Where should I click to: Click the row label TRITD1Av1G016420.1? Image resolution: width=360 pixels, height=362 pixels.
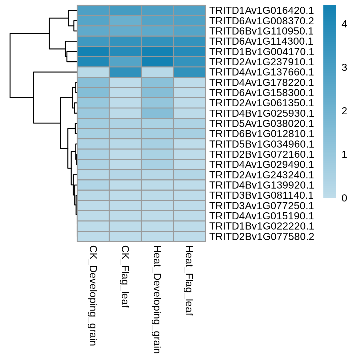[262, 10]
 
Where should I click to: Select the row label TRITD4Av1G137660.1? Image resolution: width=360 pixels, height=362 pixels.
[262, 72]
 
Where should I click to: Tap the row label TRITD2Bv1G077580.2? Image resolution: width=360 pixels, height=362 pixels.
[262, 237]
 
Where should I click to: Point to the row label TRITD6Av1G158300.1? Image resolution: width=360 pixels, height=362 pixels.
[262, 93]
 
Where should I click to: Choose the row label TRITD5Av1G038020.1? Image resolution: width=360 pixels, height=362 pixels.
[262, 124]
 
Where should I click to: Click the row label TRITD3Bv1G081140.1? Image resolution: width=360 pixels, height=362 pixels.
[262, 195]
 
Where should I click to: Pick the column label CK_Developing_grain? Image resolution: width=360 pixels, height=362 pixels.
[93, 295]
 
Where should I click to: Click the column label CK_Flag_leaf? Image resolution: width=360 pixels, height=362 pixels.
[125, 277]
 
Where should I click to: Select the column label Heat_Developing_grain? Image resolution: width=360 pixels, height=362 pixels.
[157, 299]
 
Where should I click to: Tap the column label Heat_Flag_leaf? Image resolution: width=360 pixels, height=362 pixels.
[189, 280]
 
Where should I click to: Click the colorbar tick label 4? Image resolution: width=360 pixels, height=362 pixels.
[344, 24]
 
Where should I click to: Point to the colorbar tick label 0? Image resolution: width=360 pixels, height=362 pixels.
[344, 198]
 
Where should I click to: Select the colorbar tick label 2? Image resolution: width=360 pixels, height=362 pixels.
[344, 111]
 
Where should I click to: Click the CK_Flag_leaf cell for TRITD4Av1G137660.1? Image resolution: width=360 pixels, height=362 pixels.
[125, 72]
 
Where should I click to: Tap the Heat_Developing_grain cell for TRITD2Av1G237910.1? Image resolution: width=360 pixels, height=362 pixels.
[157, 62]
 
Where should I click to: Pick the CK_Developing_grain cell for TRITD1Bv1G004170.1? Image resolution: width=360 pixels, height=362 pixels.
[93, 51]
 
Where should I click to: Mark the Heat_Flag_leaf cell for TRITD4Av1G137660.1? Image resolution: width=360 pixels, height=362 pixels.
[189, 72]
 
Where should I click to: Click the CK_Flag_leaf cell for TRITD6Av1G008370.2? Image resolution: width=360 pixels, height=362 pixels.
[125, 21]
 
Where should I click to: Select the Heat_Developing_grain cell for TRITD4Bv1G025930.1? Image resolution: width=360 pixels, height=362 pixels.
[157, 113]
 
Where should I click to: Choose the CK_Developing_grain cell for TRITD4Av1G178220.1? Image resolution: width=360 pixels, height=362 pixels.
[93, 83]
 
